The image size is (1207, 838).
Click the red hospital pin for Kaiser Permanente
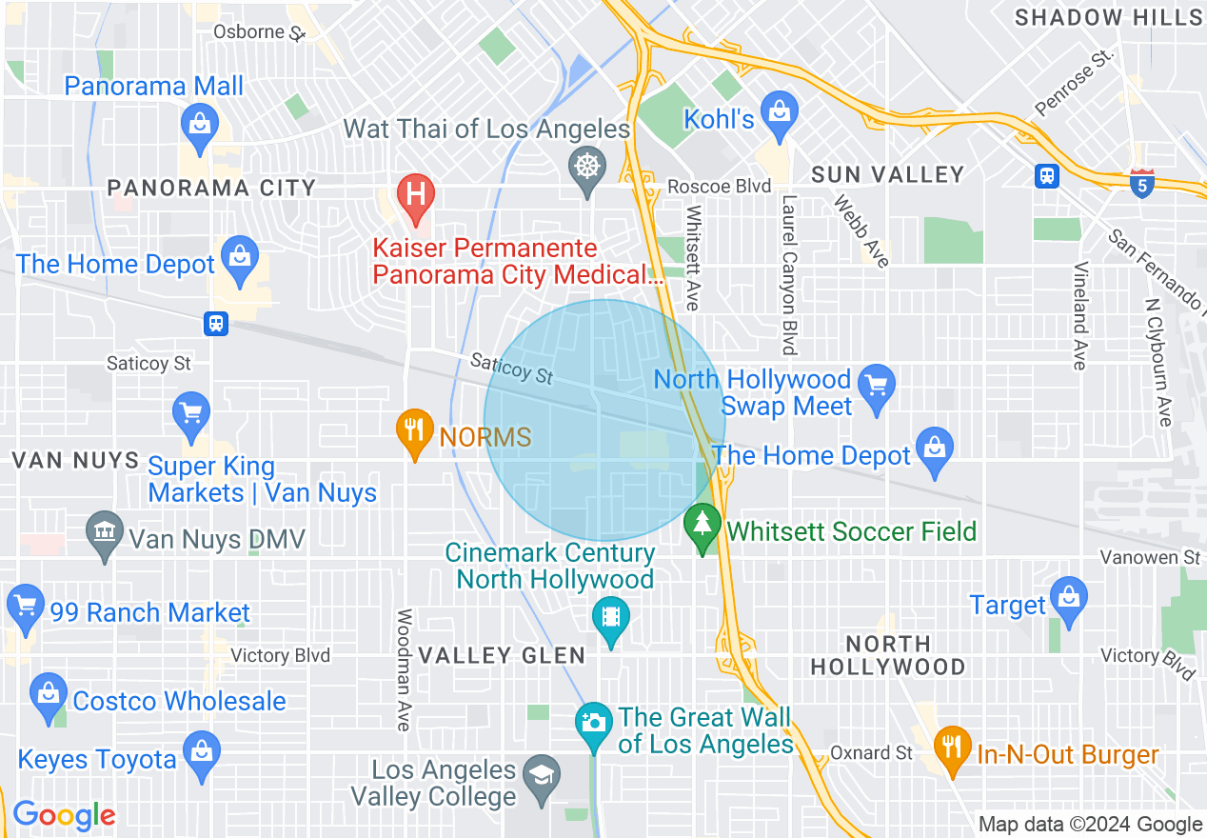pyautogui.click(x=416, y=194)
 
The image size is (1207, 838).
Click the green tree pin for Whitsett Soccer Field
pyautogui.click(x=702, y=527)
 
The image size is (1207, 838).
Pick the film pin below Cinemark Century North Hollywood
pyautogui.click(x=611, y=619)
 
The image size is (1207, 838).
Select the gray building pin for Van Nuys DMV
pyautogui.click(x=104, y=535)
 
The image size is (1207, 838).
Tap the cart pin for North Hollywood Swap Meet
pyautogui.click(x=876, y=389)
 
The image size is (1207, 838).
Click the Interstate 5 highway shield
pyautogui.click(x=1143, y=183)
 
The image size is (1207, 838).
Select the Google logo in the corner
pyautogui.click(x=65, y=815)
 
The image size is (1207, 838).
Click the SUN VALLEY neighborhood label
pyautogui.click(x=887, y=174)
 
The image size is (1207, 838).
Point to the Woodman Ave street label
pyautogui.click(x=404, y=670)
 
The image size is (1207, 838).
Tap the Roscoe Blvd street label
pyautogui.click(x=719, y=187)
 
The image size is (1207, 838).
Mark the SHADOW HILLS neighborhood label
pyautogui.click(x=1108, y=17)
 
